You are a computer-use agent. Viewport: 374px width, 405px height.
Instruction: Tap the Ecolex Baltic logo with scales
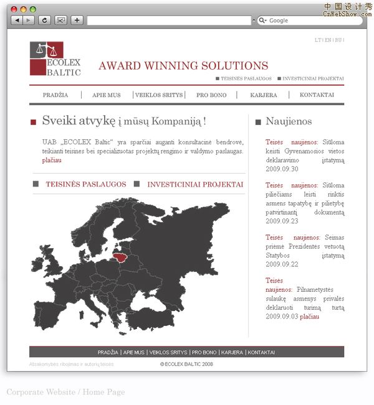coord(55,59)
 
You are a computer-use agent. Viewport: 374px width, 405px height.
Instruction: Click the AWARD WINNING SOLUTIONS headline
coord(183,66)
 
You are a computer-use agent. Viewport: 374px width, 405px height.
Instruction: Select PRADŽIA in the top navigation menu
coord(55,95)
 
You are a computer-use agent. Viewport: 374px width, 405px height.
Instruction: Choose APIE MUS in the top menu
coord(107,95)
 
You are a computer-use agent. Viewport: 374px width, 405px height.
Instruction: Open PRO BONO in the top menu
coord(211,95)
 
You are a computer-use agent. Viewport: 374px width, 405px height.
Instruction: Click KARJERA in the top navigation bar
coord(264,95)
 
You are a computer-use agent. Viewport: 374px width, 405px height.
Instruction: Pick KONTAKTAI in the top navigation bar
coord(317,95)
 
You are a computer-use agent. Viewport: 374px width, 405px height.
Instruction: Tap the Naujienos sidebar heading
coord(289,121)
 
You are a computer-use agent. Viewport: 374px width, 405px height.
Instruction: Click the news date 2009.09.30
coord(282,169)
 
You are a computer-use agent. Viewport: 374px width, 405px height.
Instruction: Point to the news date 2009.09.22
coord(282,264)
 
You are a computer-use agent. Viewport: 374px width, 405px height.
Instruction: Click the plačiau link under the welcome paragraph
coord(52,161)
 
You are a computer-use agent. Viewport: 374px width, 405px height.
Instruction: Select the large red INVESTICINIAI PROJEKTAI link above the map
coord(195,185)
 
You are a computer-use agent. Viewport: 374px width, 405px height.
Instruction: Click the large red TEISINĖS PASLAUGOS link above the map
coord(85,185)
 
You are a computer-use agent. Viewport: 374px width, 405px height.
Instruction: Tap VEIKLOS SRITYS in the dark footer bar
coord(168,352)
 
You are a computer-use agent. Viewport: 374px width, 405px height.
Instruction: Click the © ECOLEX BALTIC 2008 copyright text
coord(186,364)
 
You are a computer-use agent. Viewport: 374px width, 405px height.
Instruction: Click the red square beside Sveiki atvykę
coord(33,123)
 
